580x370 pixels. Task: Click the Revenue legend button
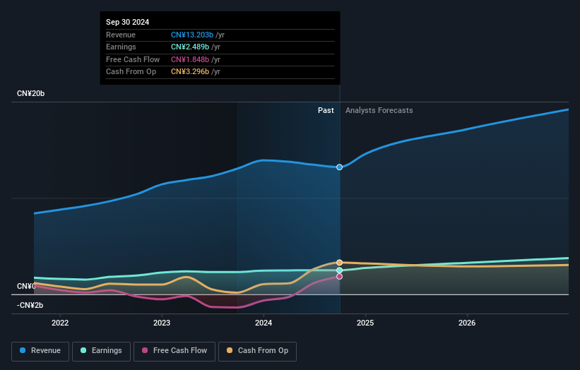coord(40,351)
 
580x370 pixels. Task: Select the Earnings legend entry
coord(101,351)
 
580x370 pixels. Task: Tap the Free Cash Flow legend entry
coord(175,351)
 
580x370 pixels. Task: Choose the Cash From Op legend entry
coord(259,351)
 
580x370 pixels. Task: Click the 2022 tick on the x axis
coord(60,323)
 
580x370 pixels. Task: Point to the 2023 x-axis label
coord(162,323)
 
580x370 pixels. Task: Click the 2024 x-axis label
coord(264,323)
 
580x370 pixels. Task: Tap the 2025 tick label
coord(365,323)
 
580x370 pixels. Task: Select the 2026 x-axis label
coord(467,323)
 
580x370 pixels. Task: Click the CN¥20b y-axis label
coord(31,94)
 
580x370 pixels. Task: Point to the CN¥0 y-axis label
coord(25,286)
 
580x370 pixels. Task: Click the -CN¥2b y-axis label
coord(30,305)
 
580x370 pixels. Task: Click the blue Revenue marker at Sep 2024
coord(340,167)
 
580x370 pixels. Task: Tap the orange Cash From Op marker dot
coord(340,263)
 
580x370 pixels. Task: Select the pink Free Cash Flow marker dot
coord(340,277)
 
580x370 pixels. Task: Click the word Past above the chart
coord(326,110)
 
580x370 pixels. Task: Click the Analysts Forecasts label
coord(379,110)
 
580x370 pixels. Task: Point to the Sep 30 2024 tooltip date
coord(128,23)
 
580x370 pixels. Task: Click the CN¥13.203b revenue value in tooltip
coord(191,35)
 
